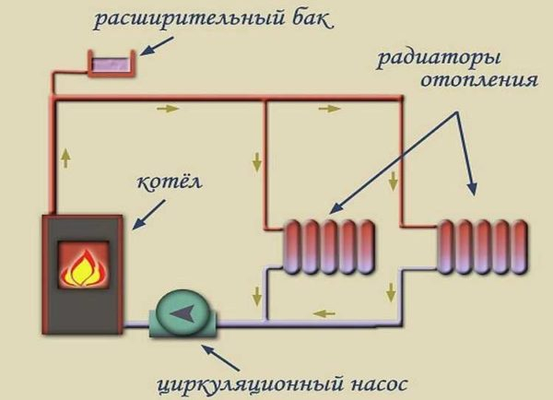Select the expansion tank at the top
point(111,65)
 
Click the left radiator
point(329,246)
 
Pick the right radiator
point(482,246)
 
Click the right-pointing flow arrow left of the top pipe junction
point(168,108)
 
